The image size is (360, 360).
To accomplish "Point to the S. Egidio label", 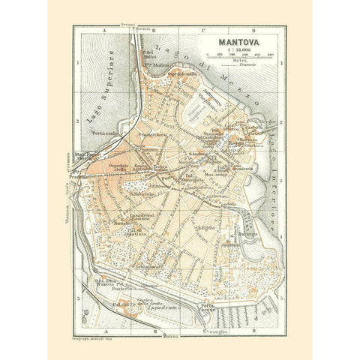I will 206,227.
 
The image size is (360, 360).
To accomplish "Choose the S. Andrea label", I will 199,155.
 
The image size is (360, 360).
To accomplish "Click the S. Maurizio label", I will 142,193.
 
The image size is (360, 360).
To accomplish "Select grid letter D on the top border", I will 255,29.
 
